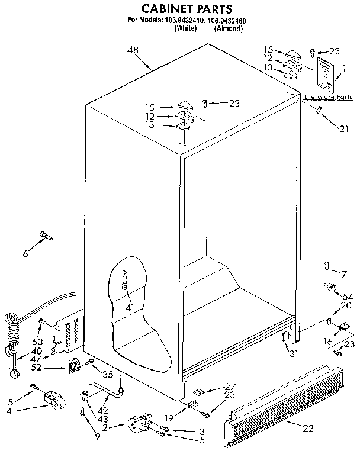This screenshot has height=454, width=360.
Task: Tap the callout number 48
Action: coord(133,51)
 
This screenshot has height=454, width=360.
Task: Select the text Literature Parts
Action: coord(328,96)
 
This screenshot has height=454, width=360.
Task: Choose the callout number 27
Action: coord(229,385)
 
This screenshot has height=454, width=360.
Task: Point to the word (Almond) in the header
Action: coord(229,28)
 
